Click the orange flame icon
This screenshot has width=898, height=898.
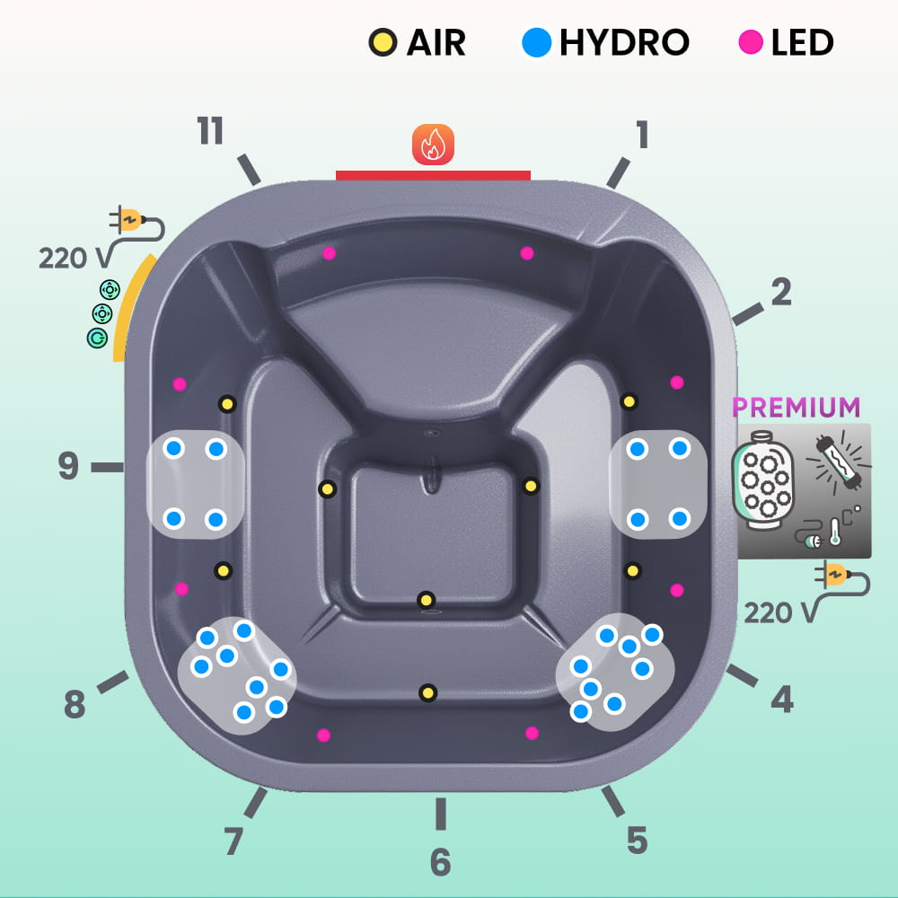[433, 144]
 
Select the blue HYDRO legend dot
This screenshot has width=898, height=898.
[536, 42]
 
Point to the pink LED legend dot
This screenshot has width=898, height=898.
[751, 42]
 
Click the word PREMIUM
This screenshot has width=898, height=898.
[797, 407]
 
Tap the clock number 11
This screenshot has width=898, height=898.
[210, 132]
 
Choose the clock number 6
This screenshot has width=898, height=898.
[440, 862]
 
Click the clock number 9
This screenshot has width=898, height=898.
[68, 467]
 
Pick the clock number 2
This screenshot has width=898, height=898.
[781, 292]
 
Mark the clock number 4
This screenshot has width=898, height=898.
[782, 700]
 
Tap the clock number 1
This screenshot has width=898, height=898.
[641, 135]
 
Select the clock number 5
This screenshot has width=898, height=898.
[637, 841]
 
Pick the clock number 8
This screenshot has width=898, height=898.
[75, 706]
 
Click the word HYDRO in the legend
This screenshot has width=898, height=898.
[624, 42]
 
